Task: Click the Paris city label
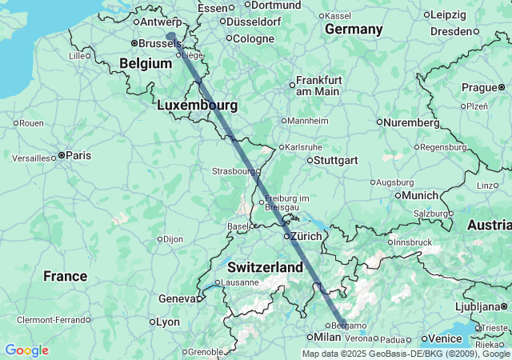pyautogui.click(x=78, y=155)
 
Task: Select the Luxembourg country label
pyautogui.click(x=197, y=105)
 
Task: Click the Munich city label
pyautogui.click(x=420, y=195)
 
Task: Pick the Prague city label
pyautogui.click(x=479, y=87)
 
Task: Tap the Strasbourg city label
pyautogui.click(x=233, y=171)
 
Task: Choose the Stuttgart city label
pyautogui.click(x=331, y=160)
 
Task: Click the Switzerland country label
pyautogui.click(x=265, y=266)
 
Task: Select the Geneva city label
pyautogui.click(x=178, y=298)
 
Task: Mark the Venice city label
pyautogui.click(x=446, y=338)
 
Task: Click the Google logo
pyautogui.click(x=26, y=350)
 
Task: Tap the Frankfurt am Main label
pyautogui.click(x=319, y=86)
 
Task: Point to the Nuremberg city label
pyautogui.click(x=411, y=122)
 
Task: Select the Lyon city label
pyautogui.click(x=168, y=322)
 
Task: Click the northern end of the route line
pyautogui.click(x=170, y=35)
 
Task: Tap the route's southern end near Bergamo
pyautogui.click(x=342, y=324)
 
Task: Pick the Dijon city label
pyautogui.click(x=174, y=238)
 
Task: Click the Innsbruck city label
pyautogui.click(x=413, y=242)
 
